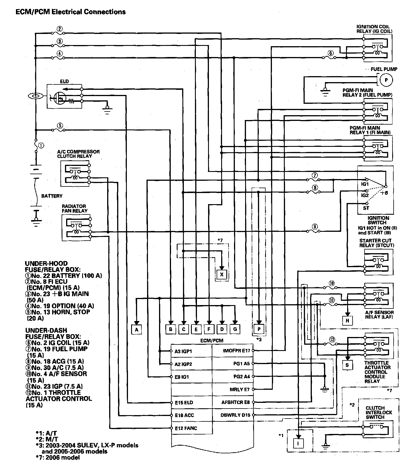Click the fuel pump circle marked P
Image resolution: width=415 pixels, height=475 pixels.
(x=386, y=80)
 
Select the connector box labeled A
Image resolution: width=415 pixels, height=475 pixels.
(x=137, y=329)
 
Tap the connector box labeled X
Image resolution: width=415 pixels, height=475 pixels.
(x=222, y=274)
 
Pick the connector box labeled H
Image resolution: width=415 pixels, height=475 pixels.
(x=347, y=320)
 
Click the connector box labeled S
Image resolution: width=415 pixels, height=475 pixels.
(x=347, y=365)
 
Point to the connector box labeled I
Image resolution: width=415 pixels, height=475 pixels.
(x=298, y=443)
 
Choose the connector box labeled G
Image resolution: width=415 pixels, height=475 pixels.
(x=235, y=329)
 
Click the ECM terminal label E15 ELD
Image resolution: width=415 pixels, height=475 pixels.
(x=184, y=403)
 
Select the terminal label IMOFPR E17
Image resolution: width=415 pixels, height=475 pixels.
(x=236, y=351)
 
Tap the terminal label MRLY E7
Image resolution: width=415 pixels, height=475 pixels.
(x=239, y=389)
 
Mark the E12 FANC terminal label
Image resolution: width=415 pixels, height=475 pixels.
(x=186, y=428)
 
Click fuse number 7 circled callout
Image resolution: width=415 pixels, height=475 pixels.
(x=315, y=175)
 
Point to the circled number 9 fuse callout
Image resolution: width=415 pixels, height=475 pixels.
(x=315, y=227)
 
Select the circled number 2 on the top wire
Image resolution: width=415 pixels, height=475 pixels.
(x=60, y=29)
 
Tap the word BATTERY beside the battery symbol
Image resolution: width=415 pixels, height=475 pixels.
(x=52, y=196)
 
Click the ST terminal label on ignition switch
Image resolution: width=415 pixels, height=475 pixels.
(x=366, y=208)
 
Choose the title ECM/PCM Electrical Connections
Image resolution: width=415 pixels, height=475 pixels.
(x=71, y=12)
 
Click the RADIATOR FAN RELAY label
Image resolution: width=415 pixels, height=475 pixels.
(x=74, y=208)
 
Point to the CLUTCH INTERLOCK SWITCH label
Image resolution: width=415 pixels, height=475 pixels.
(x=379, y=413)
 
